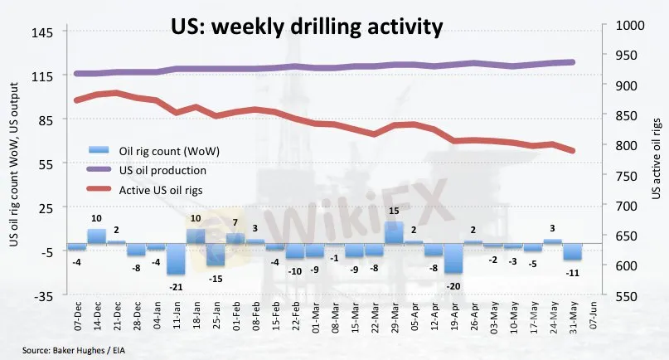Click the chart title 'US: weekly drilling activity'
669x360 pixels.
306,27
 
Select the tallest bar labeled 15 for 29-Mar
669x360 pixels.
394,232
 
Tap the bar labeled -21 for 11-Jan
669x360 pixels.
176,259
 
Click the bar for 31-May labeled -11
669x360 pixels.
572,251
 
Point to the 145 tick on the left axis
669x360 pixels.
42,32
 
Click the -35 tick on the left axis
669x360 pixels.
42,295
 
